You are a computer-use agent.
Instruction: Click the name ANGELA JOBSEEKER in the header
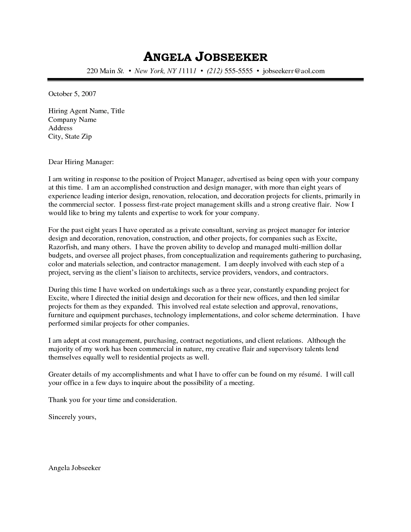(205, 57)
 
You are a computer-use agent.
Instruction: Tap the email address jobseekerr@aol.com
(294, 71)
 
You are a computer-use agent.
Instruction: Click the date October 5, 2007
(72, 94)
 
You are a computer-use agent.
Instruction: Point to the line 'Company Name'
(72, 120)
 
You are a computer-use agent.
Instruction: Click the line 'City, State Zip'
(70, 136)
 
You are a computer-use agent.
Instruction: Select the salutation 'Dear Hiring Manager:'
(81, 162)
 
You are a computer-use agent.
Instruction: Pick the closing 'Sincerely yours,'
(72, 417)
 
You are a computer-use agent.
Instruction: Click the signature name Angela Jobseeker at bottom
(74, 468)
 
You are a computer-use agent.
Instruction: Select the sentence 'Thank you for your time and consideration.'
(113, 400)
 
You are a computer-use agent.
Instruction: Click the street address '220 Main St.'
(105, 71)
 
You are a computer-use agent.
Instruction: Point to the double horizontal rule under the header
(205, 80)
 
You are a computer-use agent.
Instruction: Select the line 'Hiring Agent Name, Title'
(86, 111)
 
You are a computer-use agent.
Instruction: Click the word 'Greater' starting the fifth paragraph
(59, 374)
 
